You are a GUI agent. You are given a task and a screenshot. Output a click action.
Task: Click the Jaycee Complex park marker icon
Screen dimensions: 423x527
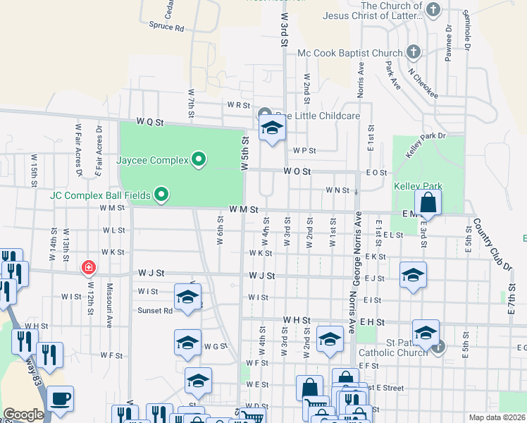199,160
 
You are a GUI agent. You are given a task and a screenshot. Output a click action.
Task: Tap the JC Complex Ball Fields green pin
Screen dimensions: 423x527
161,194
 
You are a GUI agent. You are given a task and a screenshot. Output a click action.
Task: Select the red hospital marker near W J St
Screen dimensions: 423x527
89,267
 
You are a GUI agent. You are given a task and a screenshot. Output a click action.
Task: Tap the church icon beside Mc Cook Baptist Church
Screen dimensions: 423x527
414,53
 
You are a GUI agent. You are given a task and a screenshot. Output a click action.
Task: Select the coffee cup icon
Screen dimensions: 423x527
60,398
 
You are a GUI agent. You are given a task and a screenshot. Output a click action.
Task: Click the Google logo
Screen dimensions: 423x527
23,415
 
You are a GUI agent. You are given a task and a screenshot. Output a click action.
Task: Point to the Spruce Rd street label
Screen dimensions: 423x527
166,28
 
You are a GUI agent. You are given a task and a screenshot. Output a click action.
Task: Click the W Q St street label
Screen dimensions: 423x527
150,121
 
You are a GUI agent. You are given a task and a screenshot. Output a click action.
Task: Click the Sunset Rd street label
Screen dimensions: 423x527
155,310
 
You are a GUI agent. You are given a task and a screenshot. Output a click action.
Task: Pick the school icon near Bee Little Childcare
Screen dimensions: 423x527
272,129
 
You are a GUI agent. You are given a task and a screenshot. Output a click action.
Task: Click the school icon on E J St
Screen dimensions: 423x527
413,275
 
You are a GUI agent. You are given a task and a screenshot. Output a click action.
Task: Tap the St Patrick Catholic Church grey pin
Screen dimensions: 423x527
438,346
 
